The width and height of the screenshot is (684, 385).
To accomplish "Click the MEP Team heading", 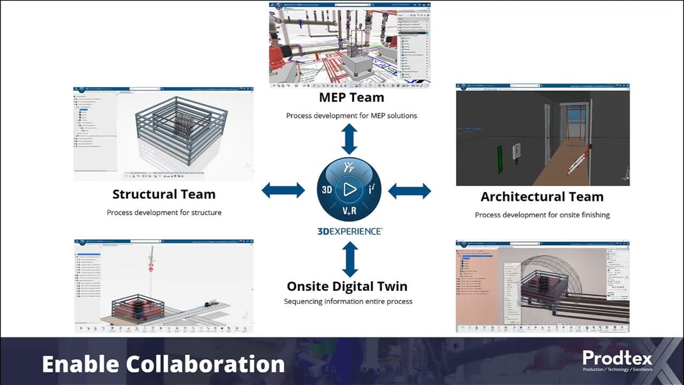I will [x=351, y=97].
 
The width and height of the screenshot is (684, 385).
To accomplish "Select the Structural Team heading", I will [x=164, y=194].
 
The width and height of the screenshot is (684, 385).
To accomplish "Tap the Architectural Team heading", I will [x=542, y=197].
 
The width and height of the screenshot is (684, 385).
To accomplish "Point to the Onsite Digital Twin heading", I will [x=347, y=286].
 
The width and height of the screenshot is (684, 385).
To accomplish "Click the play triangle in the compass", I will [x=349, y=189].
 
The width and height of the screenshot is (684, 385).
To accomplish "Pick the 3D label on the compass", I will [x=327, y=190].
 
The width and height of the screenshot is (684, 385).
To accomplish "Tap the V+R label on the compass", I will [x=349, y=212].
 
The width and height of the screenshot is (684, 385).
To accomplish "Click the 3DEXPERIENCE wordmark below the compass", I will [x=349, y=232].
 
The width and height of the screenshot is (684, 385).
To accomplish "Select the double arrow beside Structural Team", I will [x=283, y=190].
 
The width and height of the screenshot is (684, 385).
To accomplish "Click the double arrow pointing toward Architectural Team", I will [x=409, y=190].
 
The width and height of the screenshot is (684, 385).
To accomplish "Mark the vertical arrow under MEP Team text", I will [x=349, y=139].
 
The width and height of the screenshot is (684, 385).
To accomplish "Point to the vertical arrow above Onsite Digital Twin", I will [x=349, y=259].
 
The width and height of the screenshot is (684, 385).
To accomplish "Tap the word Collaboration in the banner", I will [x=205, y=364].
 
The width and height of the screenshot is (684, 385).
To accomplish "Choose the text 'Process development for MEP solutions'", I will [x=351, y=115].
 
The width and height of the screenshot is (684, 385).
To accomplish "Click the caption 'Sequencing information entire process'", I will [x=348, y=302].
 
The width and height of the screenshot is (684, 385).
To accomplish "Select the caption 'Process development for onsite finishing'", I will [x=542, y=215].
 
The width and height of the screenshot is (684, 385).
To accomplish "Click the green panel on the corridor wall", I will [x=501, y=159].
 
